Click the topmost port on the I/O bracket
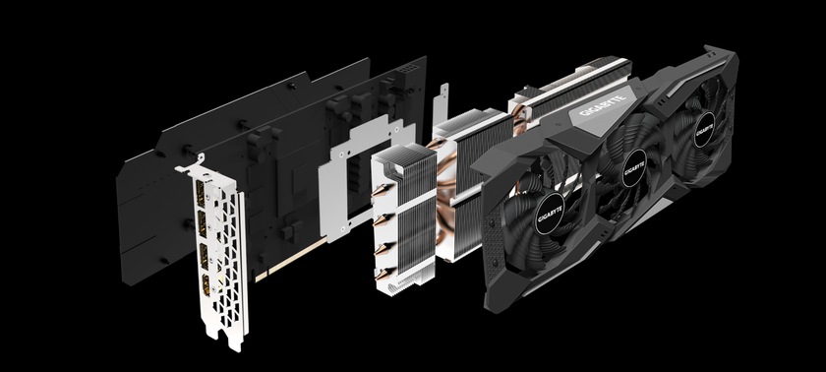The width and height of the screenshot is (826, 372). click(200, 194)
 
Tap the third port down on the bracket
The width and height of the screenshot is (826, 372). click(204, 255)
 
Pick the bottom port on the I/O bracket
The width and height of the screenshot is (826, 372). click(206, 284)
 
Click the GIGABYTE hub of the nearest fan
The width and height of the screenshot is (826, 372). click(550, 214)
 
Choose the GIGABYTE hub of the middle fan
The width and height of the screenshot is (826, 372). click(633, 167)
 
